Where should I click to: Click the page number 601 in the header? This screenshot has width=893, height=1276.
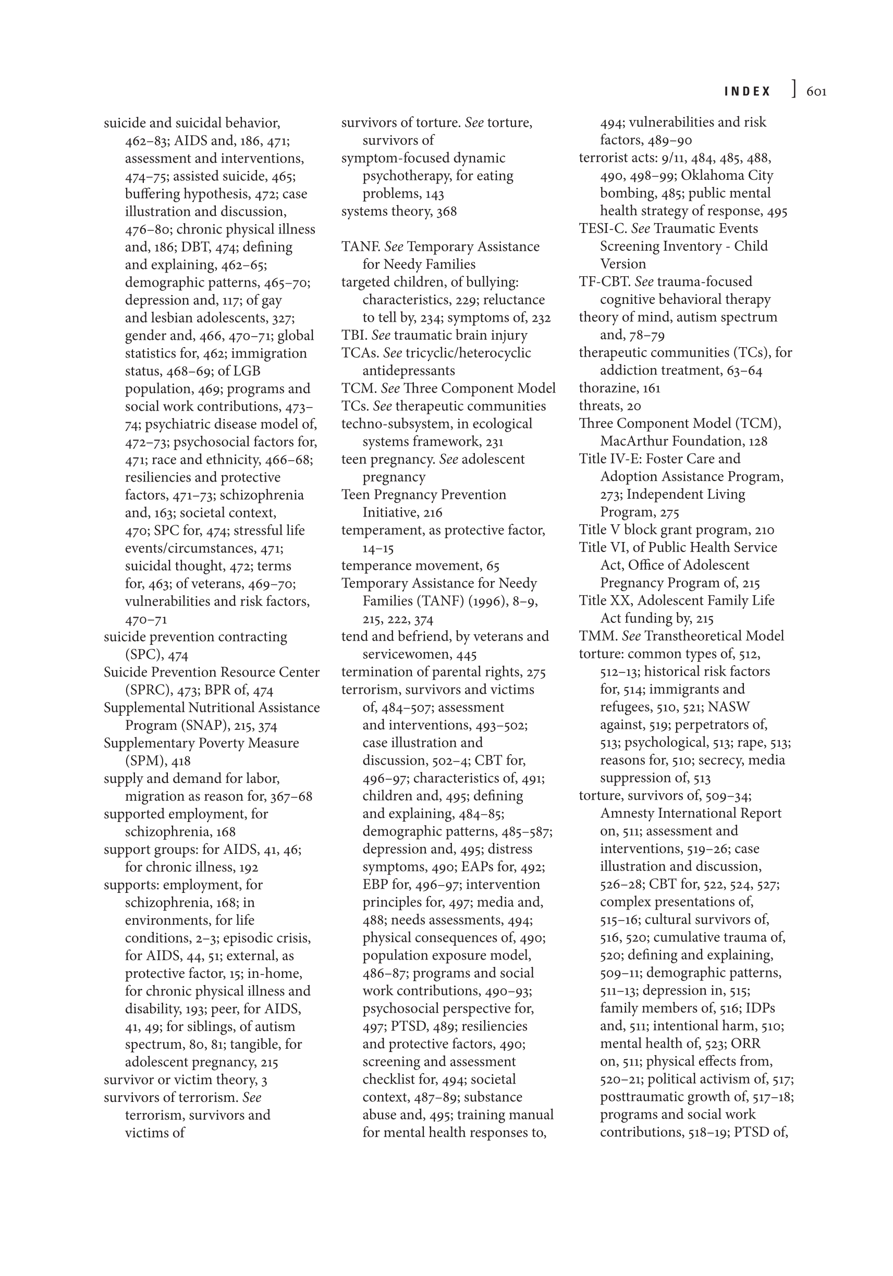(816, 92)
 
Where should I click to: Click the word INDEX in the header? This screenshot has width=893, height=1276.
(748, 92)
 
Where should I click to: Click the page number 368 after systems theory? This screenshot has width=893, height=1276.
(446, 211)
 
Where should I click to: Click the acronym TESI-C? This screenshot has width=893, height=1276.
(602, 228)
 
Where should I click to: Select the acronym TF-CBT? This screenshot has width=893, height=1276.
(604, 282)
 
